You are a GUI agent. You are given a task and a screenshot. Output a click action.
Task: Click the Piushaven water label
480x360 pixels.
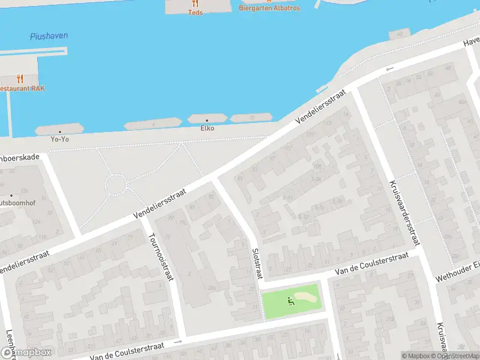pos(49,36)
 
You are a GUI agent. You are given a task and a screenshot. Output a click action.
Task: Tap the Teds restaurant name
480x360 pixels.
pos(195,12)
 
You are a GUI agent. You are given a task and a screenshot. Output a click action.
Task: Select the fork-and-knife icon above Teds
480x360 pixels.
pos(195,3)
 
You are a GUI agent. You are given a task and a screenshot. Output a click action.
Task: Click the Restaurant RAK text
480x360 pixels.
pos(22,88)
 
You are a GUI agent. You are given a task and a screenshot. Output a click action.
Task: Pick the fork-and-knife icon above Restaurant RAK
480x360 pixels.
pos(20,78)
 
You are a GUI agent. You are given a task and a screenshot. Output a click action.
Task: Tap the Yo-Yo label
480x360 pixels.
pos(59,139)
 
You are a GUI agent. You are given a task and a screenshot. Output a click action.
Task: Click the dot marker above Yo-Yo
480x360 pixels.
pos(59,131)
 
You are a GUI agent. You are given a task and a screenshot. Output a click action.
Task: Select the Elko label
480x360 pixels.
pos(207,128)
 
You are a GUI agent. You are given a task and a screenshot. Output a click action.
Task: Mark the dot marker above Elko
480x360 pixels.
pos(207,120)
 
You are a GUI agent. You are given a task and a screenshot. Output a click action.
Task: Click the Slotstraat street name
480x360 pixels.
pos(256,264)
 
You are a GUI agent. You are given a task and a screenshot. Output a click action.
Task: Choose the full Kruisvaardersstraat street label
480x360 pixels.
pos(404,213)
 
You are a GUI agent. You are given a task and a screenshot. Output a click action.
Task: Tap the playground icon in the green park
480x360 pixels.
pos(292,301)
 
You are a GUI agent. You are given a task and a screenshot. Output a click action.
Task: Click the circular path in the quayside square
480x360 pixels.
pos(115,184)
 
